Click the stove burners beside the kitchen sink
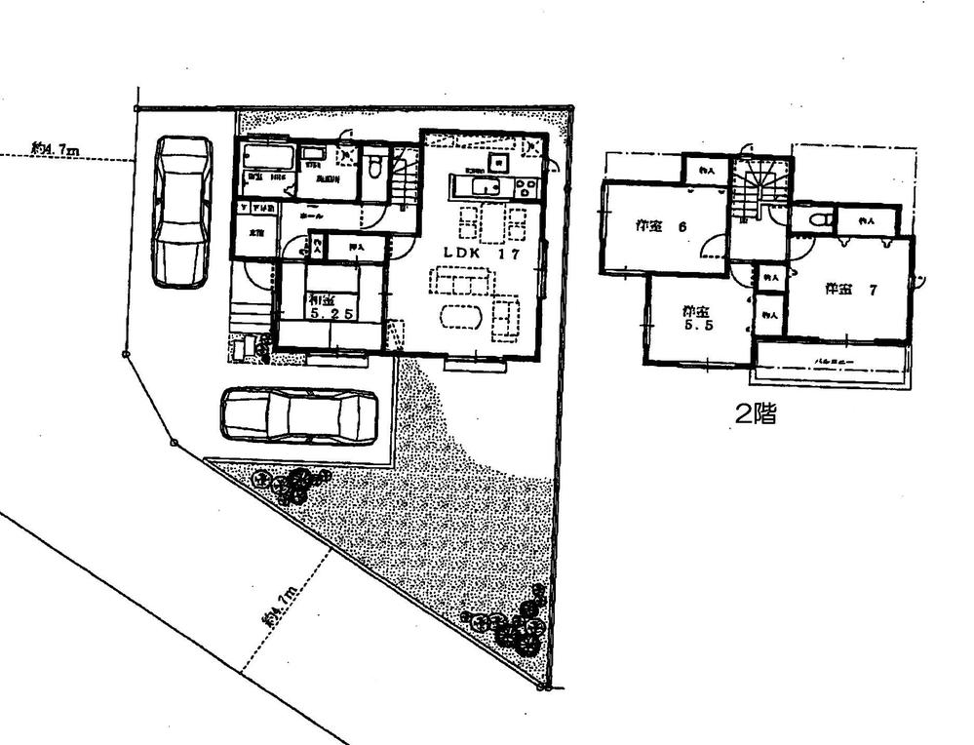coord(520,187)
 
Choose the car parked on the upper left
coord(182,211)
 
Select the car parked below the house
coord(298,416)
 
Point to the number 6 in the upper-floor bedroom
coord(682,226)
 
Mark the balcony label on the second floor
coord(831,360)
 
